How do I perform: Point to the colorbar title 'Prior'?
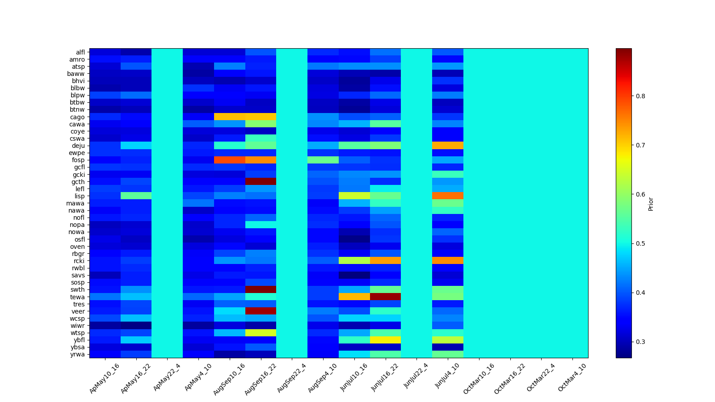pyautogui.click(x=651, y=204)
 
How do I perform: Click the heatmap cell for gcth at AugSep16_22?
pyautogui.click(x=261, y=181)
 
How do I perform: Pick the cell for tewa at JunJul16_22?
pyautogui.click(x=385, y=297)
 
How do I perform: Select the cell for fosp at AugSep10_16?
pyautogui.click(x=230, y=160)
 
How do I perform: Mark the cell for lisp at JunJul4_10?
pyautogui.click(x=448, y=196)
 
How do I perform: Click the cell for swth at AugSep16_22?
pyautogui.click(x=261, y=289)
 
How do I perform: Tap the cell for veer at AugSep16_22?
pyautogui.click(x=261, y=311)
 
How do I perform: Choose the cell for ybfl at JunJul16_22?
pyautogui.click(x=385, y=340)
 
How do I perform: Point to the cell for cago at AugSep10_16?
pyautogui.click(x=230, y=117)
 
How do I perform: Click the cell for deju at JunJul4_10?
pyautogui.click(x=448, y=146)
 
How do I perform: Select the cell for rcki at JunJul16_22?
pyautogui.click(x=385, y=260)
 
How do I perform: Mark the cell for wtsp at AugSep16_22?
pyautogui.click(x=261, y=333)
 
